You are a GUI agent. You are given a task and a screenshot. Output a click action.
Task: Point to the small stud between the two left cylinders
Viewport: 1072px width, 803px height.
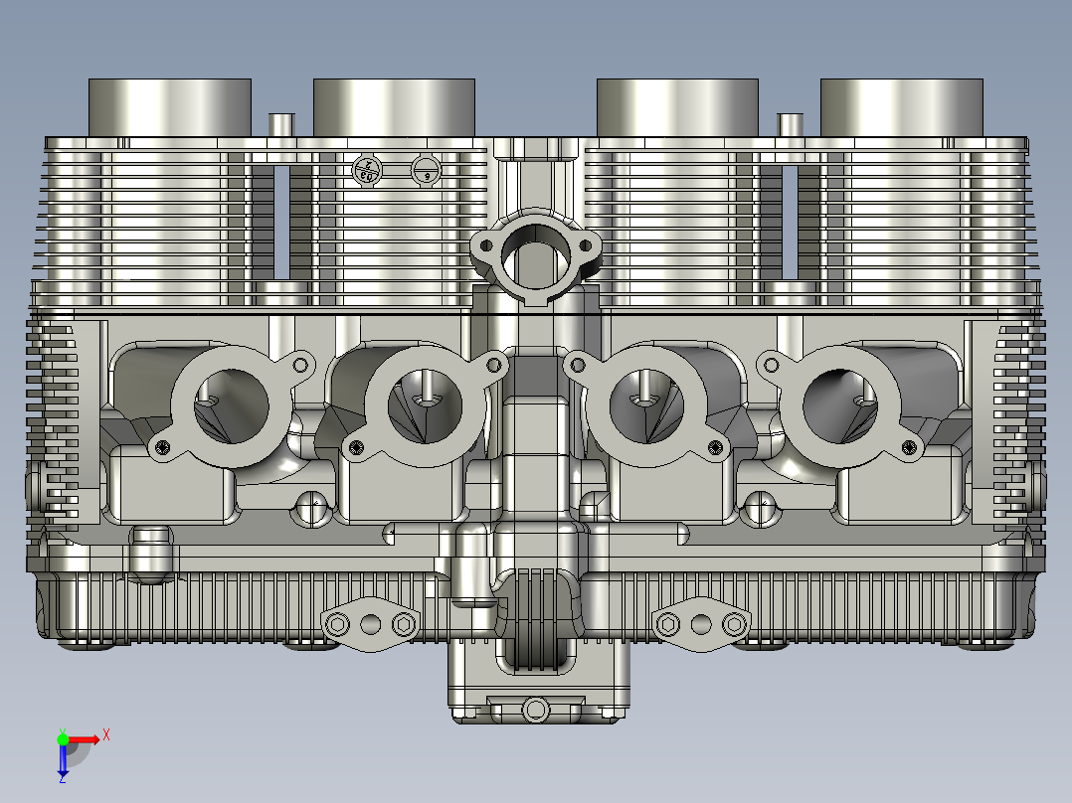281,124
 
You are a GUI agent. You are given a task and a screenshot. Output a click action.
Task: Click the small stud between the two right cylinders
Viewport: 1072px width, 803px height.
791,124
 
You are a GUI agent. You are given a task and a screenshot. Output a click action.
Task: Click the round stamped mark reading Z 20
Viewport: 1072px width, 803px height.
367,170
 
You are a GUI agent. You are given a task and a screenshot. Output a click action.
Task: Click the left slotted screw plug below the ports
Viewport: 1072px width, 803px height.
312,509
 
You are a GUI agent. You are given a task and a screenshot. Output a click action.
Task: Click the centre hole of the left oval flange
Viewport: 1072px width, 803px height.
371,624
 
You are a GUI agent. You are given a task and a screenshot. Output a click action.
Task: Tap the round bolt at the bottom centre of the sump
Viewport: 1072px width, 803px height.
536,710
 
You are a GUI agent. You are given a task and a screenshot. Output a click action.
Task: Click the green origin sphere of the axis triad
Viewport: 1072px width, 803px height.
63,738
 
